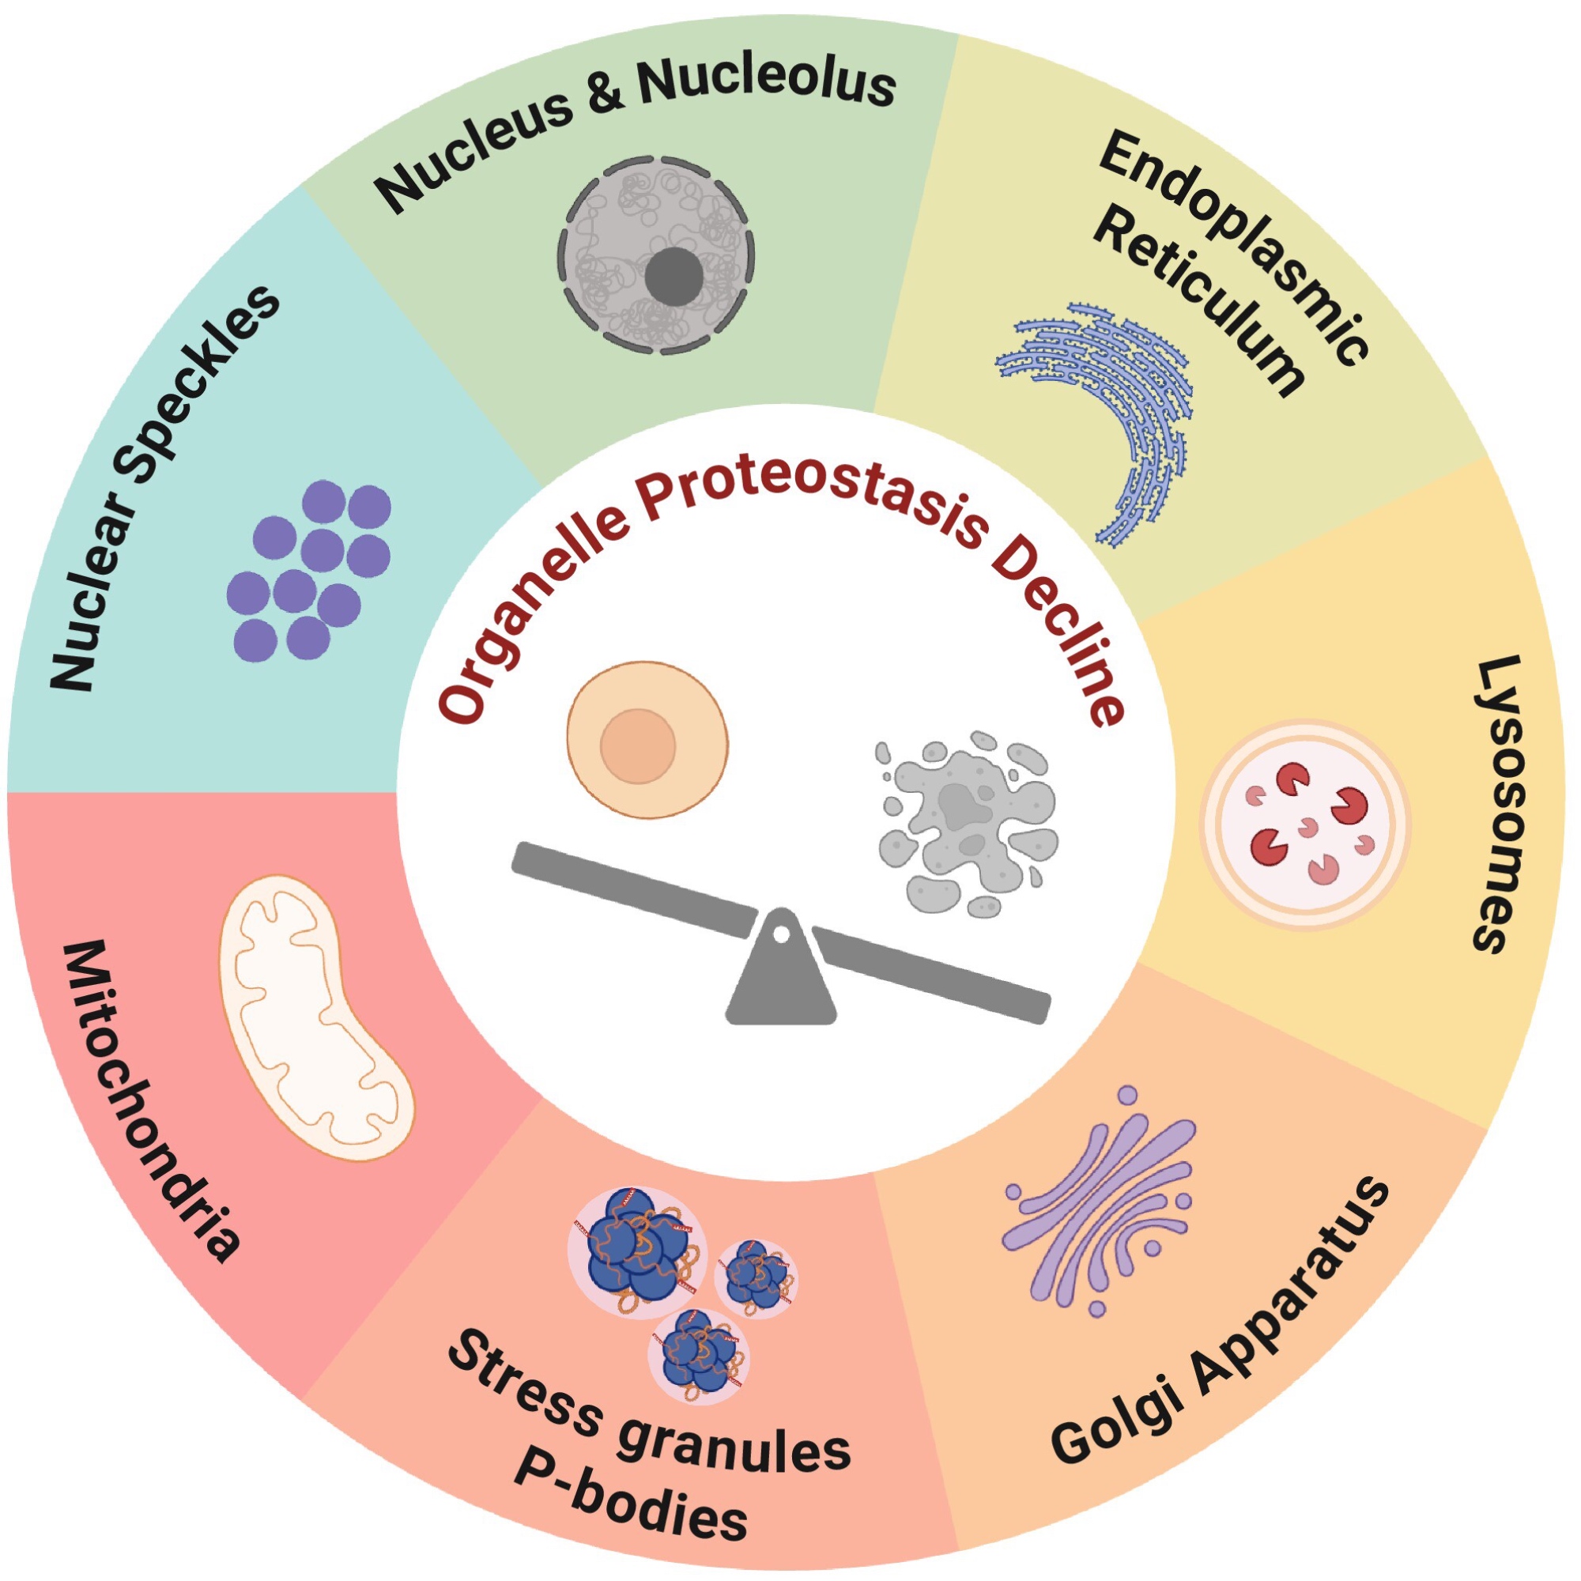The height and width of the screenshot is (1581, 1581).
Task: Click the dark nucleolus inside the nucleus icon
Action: (674, 276)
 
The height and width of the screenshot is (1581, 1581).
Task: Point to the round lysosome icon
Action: (1304, 824)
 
